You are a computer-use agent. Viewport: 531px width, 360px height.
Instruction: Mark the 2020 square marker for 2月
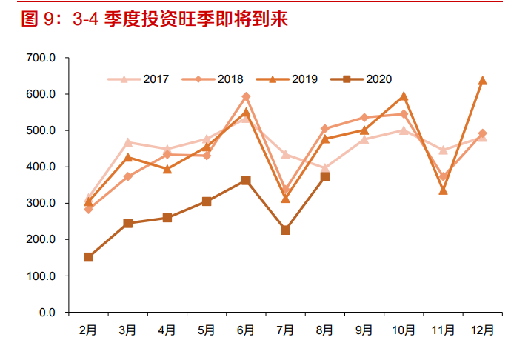tap(88, 257)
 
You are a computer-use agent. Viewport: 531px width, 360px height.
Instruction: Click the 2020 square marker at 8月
tap(324, 177)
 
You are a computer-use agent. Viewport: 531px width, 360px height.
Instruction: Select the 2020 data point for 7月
tap(285, 230)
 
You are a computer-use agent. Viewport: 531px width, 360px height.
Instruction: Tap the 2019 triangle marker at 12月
tap(482, 80)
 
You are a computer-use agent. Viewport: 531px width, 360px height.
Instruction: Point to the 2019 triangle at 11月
tap(443, 190)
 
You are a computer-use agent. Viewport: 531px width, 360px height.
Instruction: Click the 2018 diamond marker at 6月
tap(246, 96)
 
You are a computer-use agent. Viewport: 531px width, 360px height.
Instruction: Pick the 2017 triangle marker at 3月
tap(127, 142)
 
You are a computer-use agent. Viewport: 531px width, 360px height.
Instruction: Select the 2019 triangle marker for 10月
tap(404, 96)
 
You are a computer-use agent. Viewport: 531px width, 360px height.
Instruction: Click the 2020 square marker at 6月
tap(246, 180)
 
